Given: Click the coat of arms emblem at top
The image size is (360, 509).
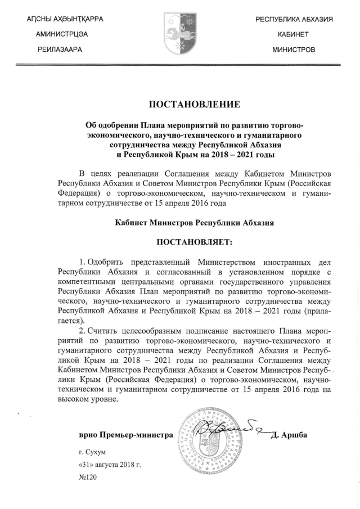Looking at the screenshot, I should [x=179, y=31].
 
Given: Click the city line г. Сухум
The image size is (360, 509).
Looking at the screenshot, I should [x=93, y=451].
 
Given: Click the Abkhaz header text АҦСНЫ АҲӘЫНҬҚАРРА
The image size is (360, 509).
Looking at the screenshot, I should [x=65, y=20].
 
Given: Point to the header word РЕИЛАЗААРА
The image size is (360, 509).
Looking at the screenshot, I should [x=60, y=50].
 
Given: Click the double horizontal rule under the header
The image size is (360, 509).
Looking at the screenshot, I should [x=180, y=65].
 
